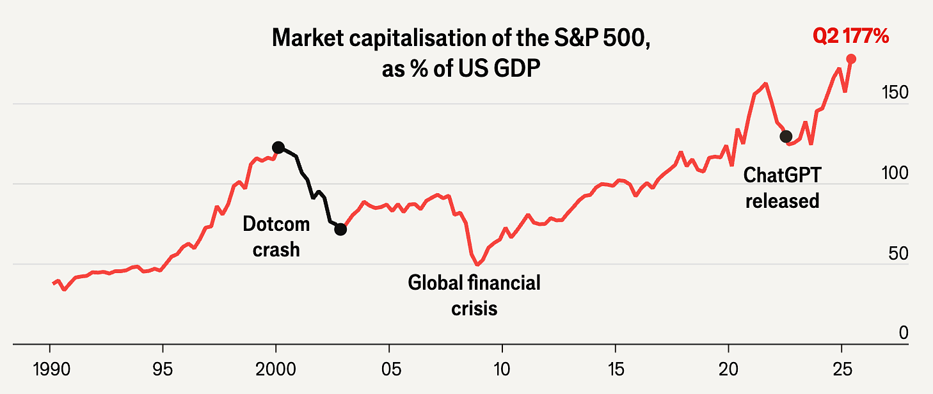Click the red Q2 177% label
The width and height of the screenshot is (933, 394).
[x=850, y=37]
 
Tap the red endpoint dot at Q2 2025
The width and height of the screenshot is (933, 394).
[x=851, y=59]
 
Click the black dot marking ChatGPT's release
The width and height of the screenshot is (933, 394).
[x=786, y=136]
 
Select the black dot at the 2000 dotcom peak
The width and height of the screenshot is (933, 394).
[x=278, y=147]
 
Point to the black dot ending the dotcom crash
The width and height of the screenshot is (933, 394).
[x=340, y=229]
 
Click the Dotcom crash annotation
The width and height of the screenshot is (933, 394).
[x=276, y=236]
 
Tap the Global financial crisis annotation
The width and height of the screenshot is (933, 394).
[x=474, y=295]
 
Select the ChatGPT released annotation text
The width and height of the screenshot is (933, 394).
[x=782, y=187]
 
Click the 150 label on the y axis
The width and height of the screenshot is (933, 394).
[x=895, y=93]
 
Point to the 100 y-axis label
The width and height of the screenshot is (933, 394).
[x=895, y=173]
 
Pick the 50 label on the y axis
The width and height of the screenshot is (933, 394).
[x=898, y=254]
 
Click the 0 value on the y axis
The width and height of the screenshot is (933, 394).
[x=903, y=333]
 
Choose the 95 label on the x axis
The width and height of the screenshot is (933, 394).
[x=163, y=371]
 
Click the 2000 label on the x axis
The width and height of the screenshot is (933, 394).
[x=276, y=371]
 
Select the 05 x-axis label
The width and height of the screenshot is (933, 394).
[x=389, y=371]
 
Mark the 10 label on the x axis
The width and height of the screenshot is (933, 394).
[x=502, y=371]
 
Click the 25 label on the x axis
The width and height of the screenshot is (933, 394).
[x=841, y=371]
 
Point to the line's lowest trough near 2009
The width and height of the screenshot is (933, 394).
[x=477, y=264]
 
